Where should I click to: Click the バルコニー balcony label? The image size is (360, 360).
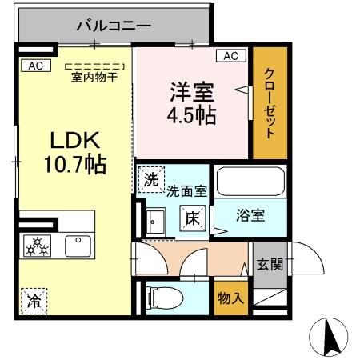pyautogui.click(x=114, y=26)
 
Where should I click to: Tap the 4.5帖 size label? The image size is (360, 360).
pyautogui.click(x=190, y=114)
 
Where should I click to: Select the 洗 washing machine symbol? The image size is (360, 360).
pyautogui.click(x=150, y=181)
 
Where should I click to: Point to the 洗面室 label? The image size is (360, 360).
pyautogui.click(x=186, y=192)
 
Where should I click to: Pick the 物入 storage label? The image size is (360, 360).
pyautogui.click(x=230, y=298)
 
